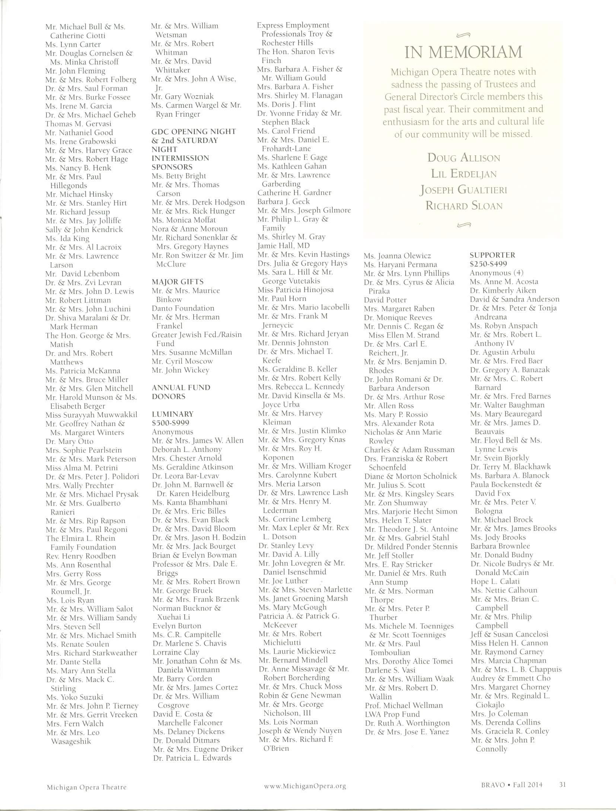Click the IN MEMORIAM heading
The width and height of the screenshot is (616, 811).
coord(463,53)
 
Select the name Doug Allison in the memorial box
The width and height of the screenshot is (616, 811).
coord(463,158)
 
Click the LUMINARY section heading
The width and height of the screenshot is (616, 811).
coord(173,414)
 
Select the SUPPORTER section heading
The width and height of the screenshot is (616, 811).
coord(492,255)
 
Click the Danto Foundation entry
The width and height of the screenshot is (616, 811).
coord(183,308)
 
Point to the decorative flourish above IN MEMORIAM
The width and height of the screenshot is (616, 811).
coord(463,36)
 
